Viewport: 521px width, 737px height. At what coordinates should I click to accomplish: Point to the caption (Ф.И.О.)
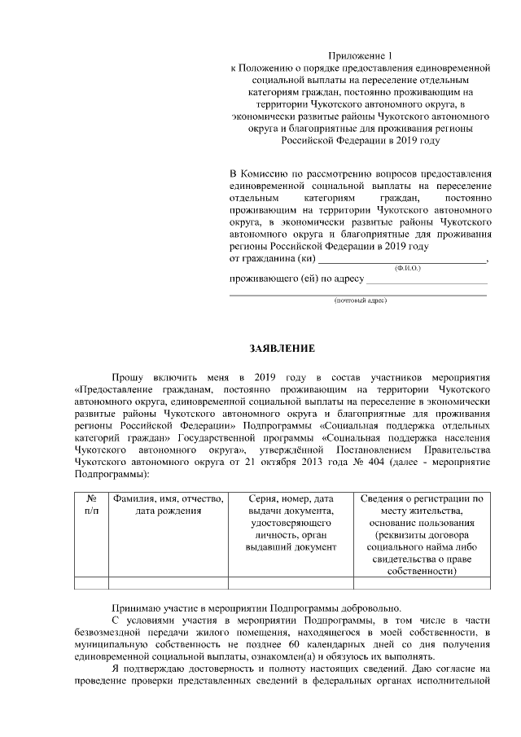406,268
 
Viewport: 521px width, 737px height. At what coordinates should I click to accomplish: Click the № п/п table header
91,505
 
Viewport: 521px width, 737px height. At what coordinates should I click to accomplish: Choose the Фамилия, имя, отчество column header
169,505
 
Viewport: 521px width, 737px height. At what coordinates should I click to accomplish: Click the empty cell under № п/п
91,581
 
